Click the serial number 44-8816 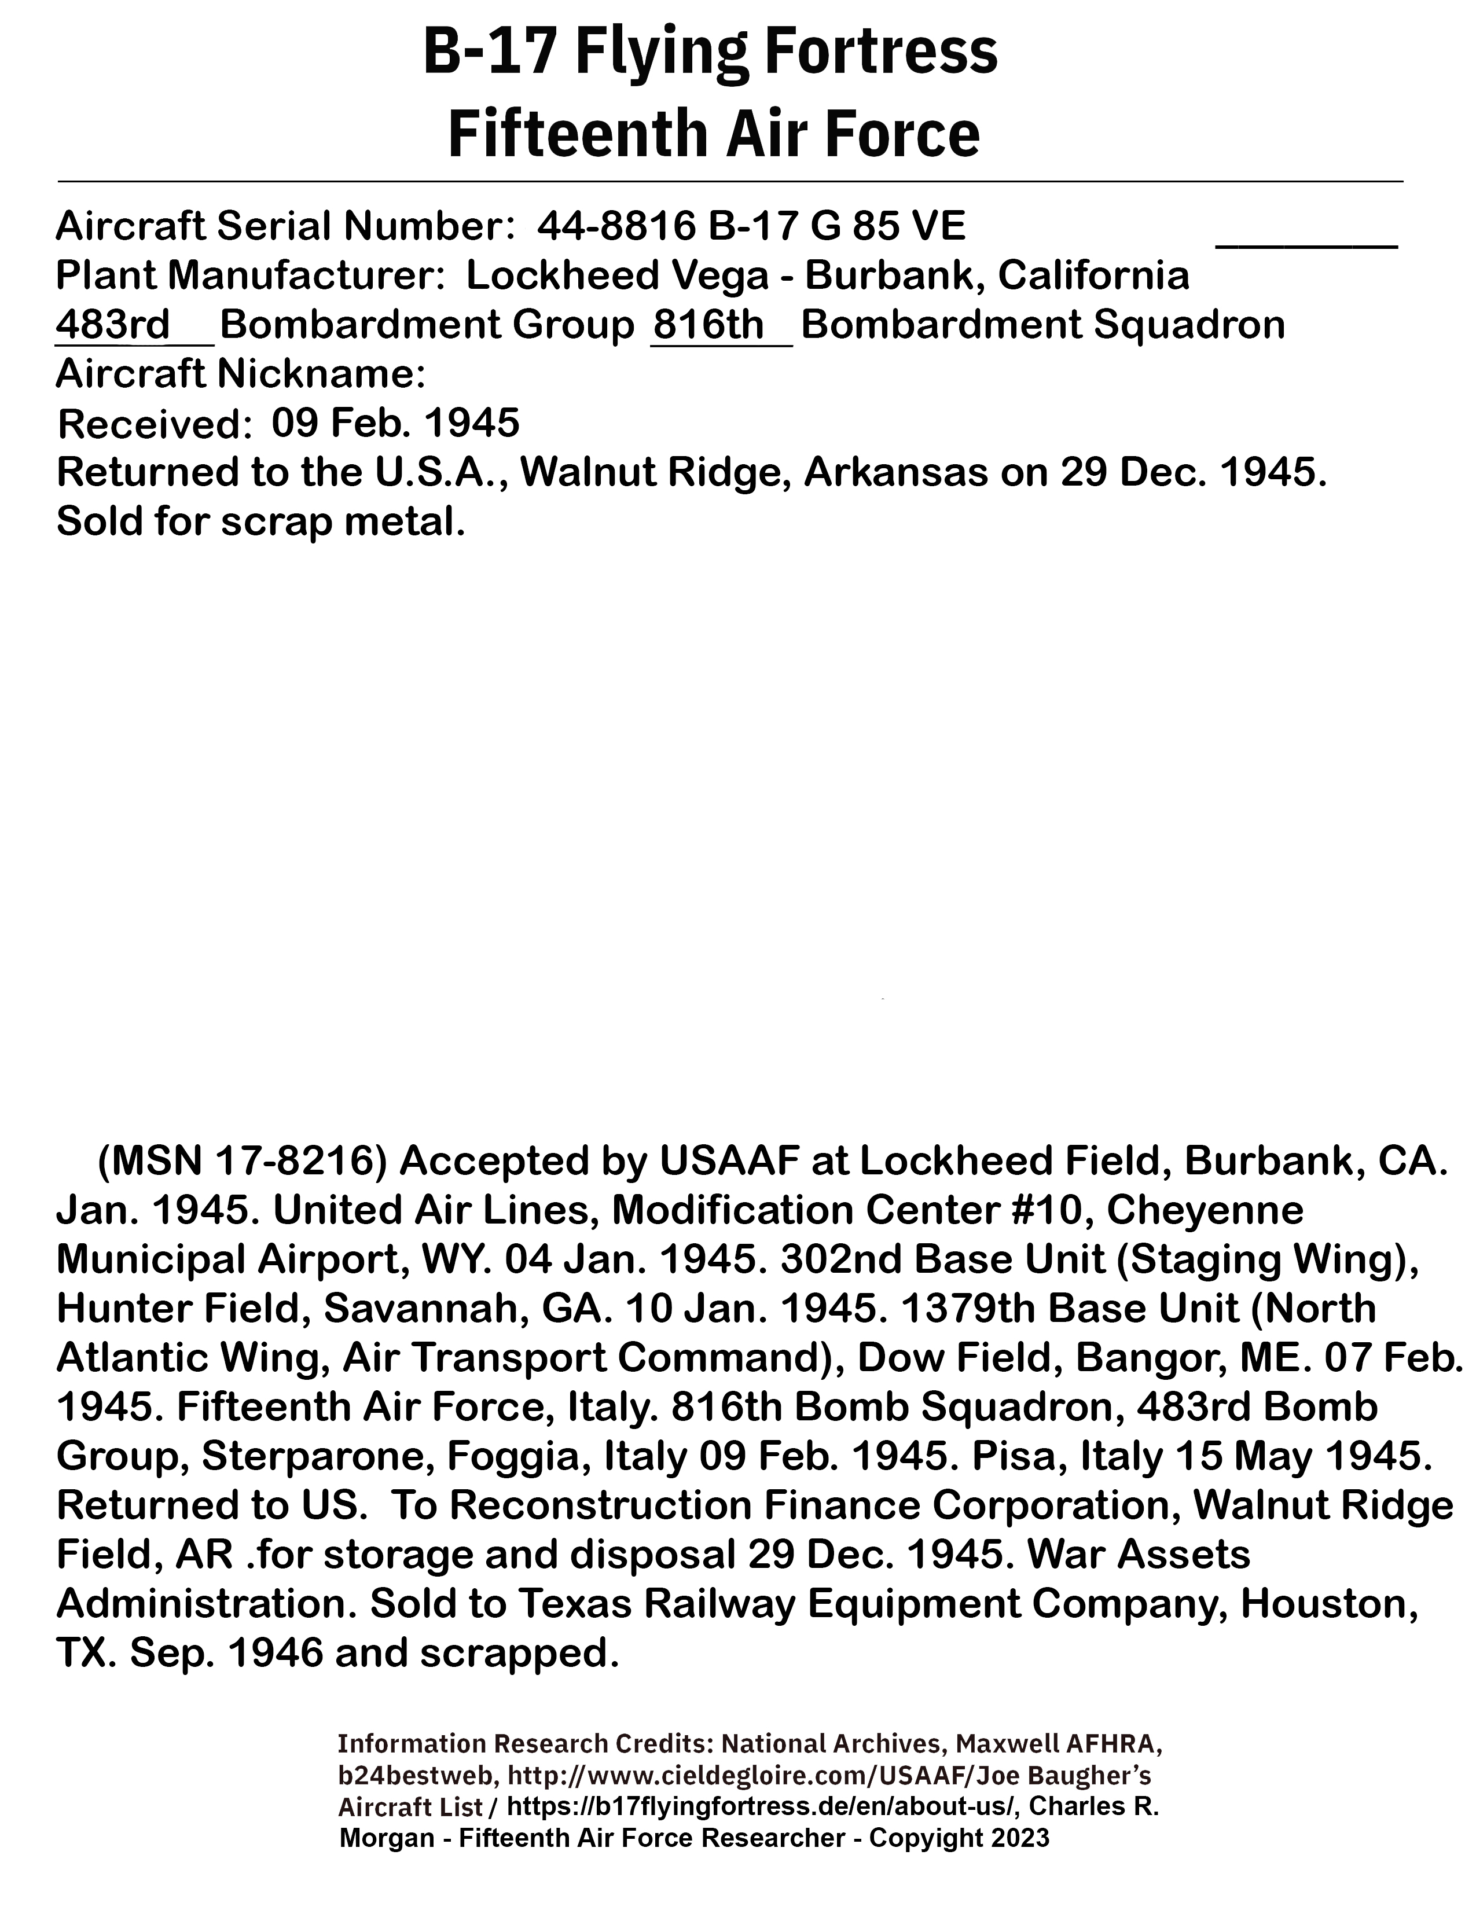(616, 226)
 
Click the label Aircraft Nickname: (240, 374)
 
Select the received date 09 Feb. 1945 (395, 423)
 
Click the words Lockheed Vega (616, 276)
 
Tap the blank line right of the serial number (1306, 241)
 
